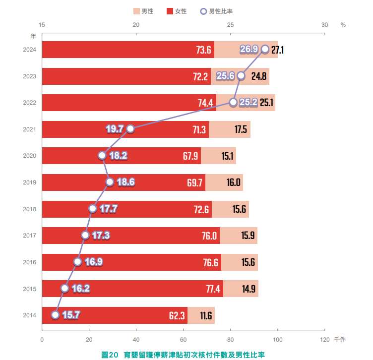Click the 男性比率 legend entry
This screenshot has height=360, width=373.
[216, 11]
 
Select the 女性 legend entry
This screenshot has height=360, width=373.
[177, 11]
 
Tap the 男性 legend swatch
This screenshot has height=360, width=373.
[136, 11]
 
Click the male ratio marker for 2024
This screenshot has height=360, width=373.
[265, 49]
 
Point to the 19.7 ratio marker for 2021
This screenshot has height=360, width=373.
[130, 129]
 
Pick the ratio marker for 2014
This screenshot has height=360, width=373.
[56, 315]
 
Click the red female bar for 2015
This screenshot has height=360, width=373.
[132, 289]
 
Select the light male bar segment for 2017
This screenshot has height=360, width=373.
[239, 236]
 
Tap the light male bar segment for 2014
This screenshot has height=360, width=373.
[201, 315]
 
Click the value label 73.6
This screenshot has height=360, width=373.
[204, 50]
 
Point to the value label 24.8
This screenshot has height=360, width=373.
[259, 76]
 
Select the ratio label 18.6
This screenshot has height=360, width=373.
[126, 182]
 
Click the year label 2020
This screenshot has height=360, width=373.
[29, 156]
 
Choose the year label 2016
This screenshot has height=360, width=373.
[29, 262]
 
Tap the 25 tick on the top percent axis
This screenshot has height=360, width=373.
[230, 25]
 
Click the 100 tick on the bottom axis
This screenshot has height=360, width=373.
[278, 340]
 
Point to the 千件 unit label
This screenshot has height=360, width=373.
[340, 340]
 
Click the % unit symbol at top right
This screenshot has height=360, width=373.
[343, 25]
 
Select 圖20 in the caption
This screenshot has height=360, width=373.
[110, 355]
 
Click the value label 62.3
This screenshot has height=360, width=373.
[177, 316]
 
